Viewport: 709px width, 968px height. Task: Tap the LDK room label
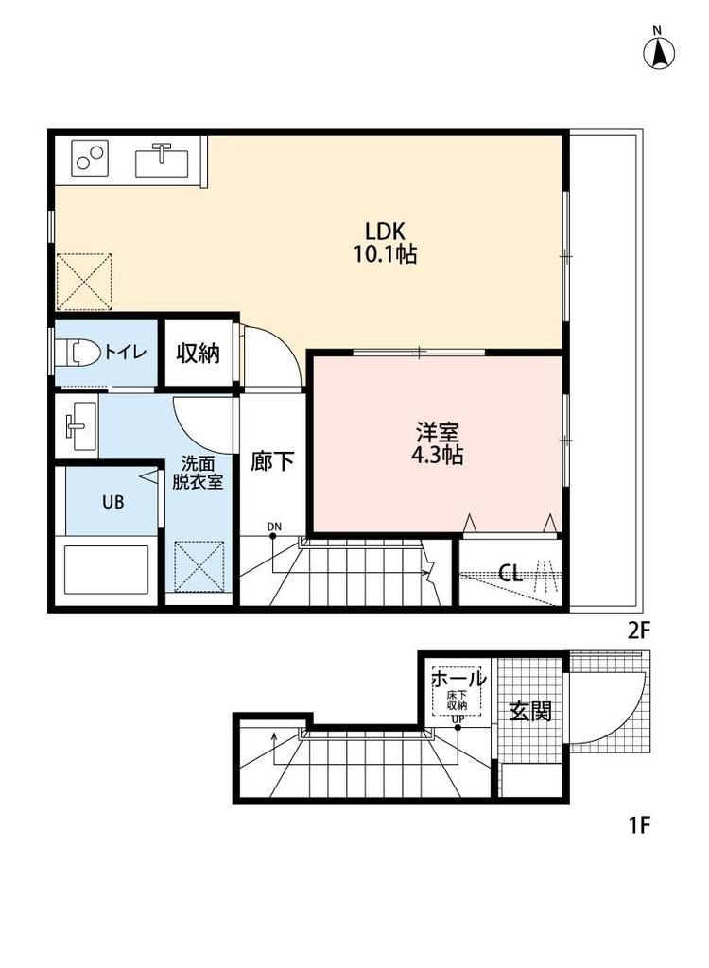coord(385,232)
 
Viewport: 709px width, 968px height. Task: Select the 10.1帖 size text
coord(385,253)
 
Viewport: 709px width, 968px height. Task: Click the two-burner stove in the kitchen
coord(90,158)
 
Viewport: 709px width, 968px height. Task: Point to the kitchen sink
coord(162,161)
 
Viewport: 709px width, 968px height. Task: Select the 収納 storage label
coord(199,354)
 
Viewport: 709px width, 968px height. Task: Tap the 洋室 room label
coord(438,431)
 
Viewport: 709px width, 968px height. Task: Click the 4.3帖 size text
coord(438,455)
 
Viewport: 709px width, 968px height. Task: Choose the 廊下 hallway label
coord(272,461)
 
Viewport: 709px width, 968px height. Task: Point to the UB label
coord(113,502)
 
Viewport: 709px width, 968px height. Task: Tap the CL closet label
coord(510,574)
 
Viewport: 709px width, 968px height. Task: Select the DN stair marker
coord(274,527)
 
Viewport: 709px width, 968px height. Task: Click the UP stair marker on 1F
coord(457,719)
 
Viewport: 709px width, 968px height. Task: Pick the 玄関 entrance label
coord(530,712)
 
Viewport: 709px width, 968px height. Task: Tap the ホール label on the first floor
coord(458,680)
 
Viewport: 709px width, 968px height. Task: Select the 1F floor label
coord(640,824)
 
